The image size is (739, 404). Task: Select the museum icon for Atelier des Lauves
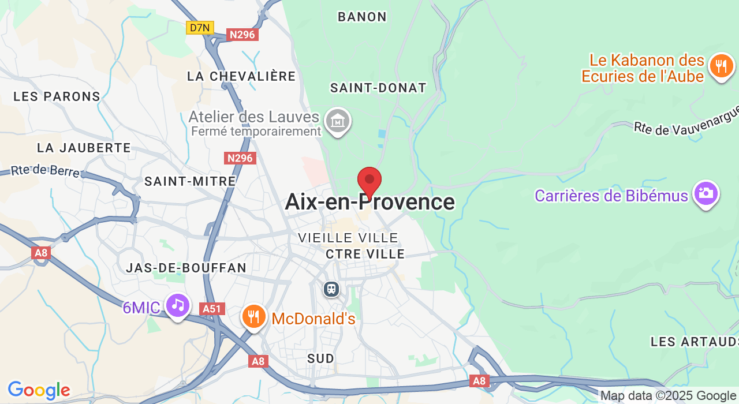tap(338, 121)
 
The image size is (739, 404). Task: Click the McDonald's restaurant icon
tap(253, 316)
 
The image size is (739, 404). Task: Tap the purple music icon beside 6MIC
tap(177, 305)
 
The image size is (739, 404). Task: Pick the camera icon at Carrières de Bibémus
tap(706, 193)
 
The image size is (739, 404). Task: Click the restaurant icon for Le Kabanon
tap(721, 66)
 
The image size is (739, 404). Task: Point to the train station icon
tap(331, 288)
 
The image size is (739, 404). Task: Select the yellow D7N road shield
tap(200, 27)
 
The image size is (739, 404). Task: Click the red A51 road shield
tap(212, 309)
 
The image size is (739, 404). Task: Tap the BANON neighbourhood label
tap(362, 17)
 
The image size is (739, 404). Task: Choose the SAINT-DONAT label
tap(378, 88)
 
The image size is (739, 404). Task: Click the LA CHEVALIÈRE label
tap(241, 76)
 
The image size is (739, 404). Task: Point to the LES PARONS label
tap(57, 96)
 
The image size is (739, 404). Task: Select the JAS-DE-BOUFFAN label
tap(186, 268)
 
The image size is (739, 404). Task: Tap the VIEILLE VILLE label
tap(348, 238)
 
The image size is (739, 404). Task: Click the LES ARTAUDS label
tap(694, 342)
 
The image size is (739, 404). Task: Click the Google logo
tap(39, 391)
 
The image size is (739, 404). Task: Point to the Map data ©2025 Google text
tap(668, 396)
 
